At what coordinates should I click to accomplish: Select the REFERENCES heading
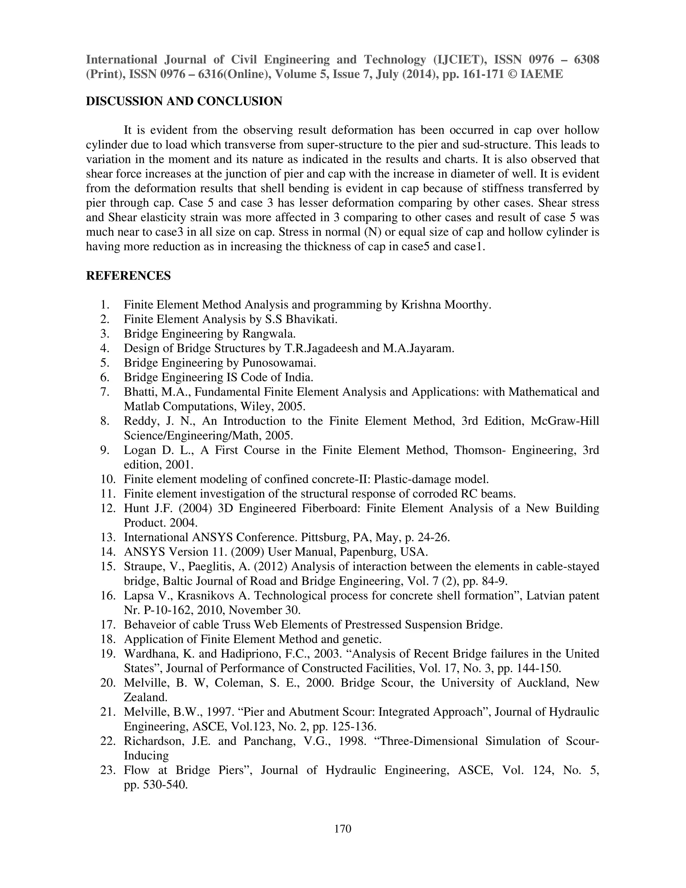coord(128,276)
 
